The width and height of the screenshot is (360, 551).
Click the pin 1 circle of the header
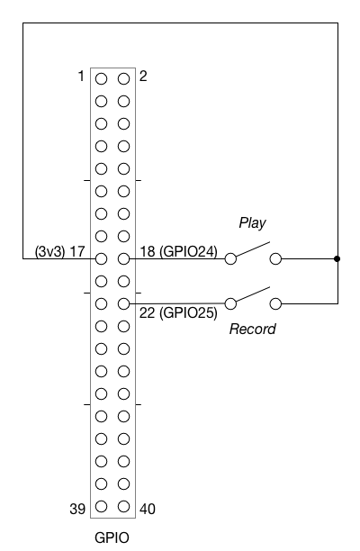tap(101, 78)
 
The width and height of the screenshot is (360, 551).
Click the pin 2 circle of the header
tap(123, 78)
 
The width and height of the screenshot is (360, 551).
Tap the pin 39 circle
tap(101, 506)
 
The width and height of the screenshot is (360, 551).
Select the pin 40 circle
tap(123, 506)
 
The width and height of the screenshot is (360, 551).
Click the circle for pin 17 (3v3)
tap(101, 259)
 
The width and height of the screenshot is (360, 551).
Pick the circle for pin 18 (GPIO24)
tap(123, 259)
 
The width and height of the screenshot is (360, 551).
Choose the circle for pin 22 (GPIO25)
tap(123, 304)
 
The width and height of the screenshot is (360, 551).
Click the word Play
tap(252, 223)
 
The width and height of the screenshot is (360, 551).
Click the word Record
tap(253, 329)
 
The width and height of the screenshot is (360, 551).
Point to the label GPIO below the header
tap(112, 537)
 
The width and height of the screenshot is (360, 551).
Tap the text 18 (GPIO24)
tap(179, 251)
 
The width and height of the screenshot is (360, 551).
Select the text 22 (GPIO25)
tap(178, 312)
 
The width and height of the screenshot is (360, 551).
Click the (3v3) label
tap(50, 251)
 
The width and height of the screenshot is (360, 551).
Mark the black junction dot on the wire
tap(337, 259)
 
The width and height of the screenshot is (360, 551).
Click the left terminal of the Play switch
tap(230, 259)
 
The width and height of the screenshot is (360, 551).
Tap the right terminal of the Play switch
tap(275, 259)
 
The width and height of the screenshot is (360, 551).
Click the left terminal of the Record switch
tap(230, 303)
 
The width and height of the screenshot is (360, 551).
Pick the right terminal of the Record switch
tap(275, 303)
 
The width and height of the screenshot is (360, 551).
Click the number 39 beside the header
tap(77, 509)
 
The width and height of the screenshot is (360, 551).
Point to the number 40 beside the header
tap(148, 509)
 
